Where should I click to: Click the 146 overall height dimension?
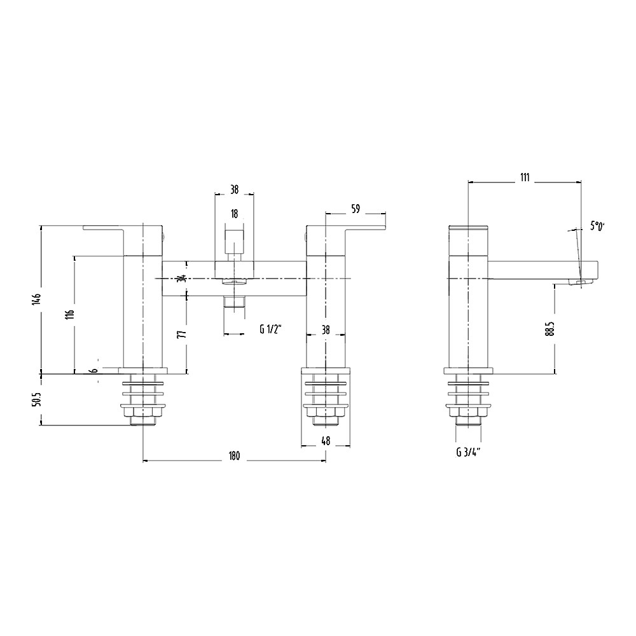tap(38, 299)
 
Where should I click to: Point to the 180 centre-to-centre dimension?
tap(233, 455)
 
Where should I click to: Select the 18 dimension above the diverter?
tap(234, 214)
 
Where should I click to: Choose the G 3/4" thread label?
tap(467, 453)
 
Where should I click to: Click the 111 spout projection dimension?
tap(524, 177)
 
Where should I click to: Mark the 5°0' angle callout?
tap(597, 226)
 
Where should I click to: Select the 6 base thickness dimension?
tap(95, 371)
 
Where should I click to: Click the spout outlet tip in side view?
tap(581, 282)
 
